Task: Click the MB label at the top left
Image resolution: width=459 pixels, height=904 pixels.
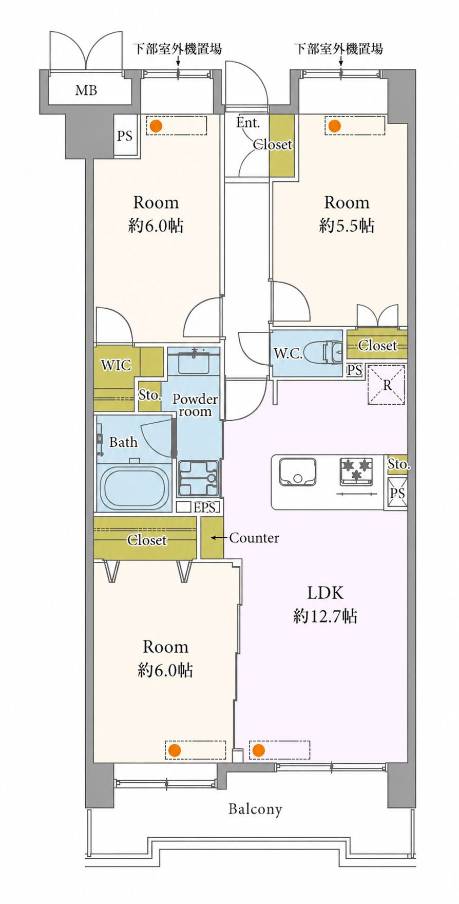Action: pos(86,90)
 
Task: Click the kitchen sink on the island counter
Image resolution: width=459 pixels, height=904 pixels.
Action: pos(297,472)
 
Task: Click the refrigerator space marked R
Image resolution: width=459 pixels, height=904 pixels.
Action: pos(387,384)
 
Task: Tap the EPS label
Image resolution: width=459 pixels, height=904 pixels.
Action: pos(204,507)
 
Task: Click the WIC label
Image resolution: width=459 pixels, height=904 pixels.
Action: pos(116,365)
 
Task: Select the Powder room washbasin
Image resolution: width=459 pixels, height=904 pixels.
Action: pos(194,363)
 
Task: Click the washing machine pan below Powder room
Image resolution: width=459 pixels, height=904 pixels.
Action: pos(198,478)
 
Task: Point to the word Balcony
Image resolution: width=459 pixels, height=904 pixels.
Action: pos(255,809)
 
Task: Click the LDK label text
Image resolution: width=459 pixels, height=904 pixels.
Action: pos(325,593)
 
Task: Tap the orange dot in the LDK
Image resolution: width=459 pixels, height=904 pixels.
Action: pos(258,750)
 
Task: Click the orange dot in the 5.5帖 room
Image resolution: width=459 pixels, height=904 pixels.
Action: pos(334,126)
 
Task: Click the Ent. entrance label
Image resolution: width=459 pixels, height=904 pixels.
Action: pos(248,123)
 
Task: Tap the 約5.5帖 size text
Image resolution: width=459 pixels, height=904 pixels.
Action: pos(347,225)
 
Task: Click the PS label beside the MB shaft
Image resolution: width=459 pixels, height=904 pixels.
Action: pos(125,136)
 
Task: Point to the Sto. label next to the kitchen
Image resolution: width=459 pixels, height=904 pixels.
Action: pos(398,464)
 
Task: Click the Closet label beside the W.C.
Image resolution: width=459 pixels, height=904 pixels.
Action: pos(377,346)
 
